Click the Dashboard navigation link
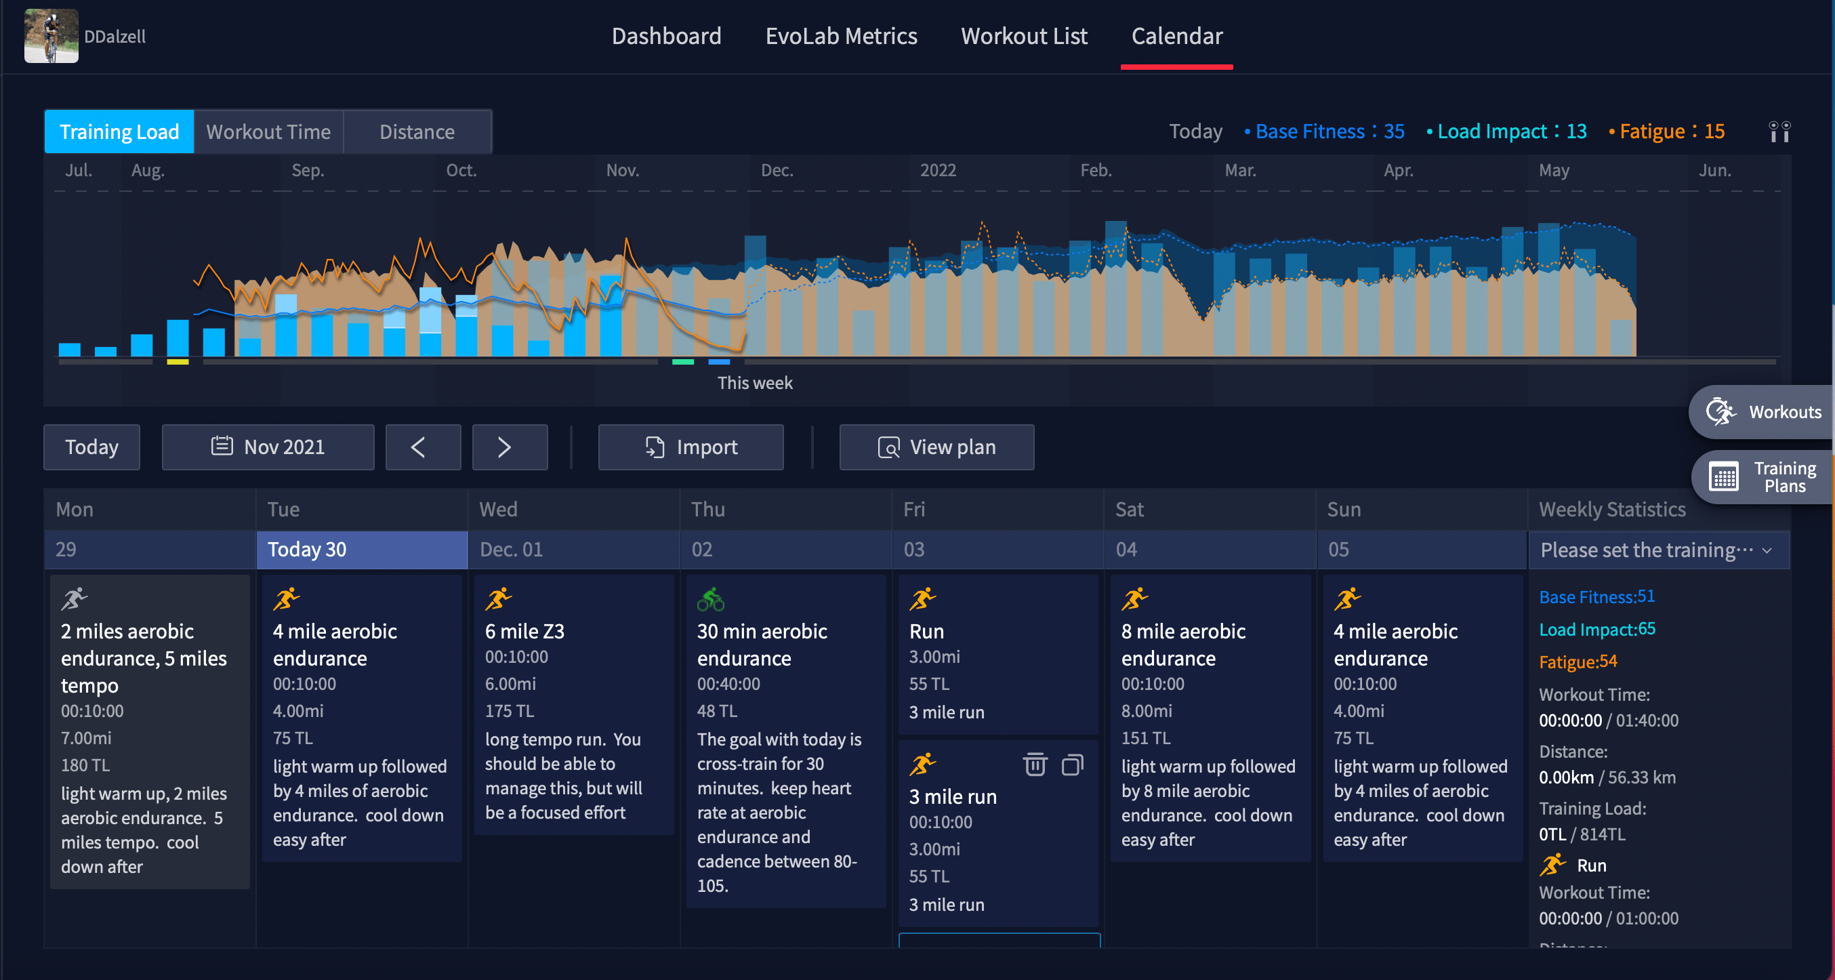point(666,36)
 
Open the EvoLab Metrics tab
point(840,36)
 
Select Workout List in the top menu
point(1024,36)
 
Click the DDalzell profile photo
point(51,36)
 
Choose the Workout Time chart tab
point(268,131)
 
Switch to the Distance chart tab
point(417,131)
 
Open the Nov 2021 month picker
point(268,447)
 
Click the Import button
point(690,447)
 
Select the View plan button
point(936,447)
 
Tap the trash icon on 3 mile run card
point(1034,765)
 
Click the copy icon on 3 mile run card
point(1072,765)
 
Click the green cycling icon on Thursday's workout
point(710,600)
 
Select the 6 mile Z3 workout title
point(524,631)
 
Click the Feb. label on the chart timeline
point(1096,170)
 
